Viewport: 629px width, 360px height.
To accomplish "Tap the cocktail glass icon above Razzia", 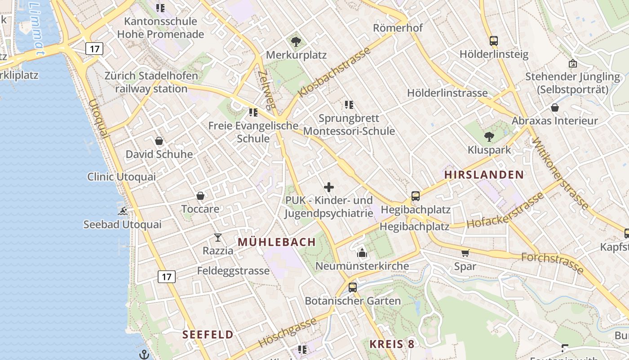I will tap(218, 237).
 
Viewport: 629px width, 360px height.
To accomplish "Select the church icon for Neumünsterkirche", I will tap(362, 253).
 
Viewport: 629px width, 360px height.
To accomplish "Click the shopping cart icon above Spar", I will tap(465, 253).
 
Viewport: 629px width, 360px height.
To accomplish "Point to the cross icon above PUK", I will tap(329, 187).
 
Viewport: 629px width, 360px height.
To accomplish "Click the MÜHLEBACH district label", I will tap(277, 242).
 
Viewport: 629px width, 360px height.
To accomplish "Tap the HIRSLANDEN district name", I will tap(484, 175).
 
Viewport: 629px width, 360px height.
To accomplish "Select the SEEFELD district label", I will tap(208, 334).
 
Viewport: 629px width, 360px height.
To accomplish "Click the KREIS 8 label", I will tap(392, 344).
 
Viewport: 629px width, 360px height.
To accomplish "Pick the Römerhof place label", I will tap(398, 28).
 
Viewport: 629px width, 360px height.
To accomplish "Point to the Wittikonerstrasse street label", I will tap(560, 173).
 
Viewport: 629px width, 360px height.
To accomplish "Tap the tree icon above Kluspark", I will tap(489, 136).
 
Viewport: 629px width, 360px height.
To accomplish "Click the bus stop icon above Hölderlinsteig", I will tap(494, 41).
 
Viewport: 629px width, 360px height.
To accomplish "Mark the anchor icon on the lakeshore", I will tap(144, 355).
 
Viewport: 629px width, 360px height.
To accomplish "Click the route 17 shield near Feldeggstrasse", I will tap(166, 277).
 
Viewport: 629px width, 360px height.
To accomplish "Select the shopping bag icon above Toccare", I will tap(200, 196).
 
